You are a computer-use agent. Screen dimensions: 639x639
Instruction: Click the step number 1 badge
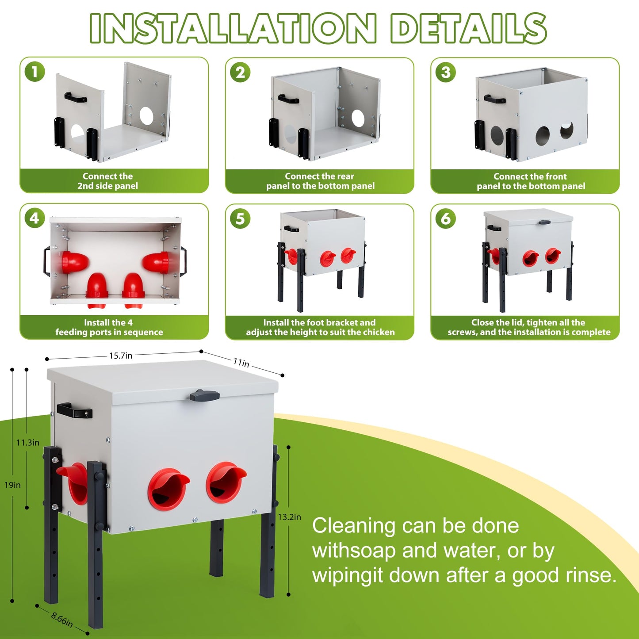pos(35,72)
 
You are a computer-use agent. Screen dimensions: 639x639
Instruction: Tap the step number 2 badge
pos(241,72)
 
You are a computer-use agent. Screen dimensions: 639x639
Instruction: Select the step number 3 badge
pos(446,72)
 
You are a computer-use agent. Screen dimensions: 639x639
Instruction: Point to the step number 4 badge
pos(34,218)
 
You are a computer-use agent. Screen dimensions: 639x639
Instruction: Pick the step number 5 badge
pos(241,218)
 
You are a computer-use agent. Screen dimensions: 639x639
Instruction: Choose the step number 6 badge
pos(446,218)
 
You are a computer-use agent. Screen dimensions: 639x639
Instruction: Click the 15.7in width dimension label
pos(121,356)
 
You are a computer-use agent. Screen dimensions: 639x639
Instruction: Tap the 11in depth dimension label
pos(241,363)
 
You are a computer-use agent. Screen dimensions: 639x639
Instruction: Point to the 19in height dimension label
pos(12,485)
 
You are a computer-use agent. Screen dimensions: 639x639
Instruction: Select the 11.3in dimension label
pos(28,442)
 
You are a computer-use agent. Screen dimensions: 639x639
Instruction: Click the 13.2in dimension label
pos(290,517)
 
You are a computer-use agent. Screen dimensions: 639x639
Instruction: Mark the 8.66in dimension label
pos(62,620)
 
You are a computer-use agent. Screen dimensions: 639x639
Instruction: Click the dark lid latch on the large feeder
pos(205,395)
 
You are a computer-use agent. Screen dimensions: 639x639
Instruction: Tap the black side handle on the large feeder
pos(74,410)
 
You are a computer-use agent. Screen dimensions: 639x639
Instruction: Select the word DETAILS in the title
pos(468,28)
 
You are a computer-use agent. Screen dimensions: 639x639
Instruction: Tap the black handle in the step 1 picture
pos(76,97)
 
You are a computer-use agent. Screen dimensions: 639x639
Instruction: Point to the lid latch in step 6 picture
pos(545,222)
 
